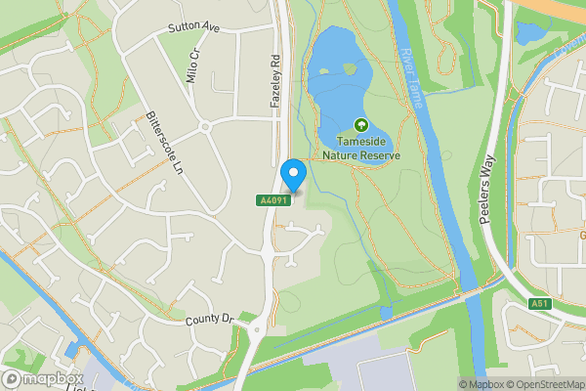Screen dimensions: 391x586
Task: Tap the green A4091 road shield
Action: [272, 200]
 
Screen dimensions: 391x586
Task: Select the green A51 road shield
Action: [541, 304]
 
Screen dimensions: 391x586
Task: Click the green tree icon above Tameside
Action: [361, 125]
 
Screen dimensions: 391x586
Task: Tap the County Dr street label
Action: [210, 320]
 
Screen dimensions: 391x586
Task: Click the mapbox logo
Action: [41, 378]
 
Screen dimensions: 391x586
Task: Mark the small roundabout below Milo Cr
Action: [205, 127]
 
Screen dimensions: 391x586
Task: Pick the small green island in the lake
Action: [349, 68]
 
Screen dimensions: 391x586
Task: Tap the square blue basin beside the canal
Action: [70, 349]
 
